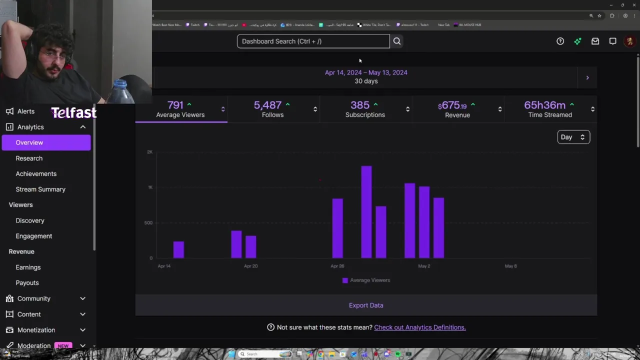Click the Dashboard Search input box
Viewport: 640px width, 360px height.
pos(313,41)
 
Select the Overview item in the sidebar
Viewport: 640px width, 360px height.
pos(29,142)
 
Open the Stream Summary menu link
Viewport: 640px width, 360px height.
pos(40,189)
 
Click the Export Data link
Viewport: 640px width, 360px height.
pos(366,305)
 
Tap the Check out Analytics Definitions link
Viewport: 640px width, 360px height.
pos(419,327)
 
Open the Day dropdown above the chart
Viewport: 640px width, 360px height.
pos(573,137)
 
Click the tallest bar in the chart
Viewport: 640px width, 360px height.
pos(366,212)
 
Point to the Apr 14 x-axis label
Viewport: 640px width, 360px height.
pos(164,266)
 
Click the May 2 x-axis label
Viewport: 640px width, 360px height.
pos(424,266)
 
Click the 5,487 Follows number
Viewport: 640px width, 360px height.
pos(267,105)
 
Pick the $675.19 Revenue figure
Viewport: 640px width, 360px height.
pos(452,105)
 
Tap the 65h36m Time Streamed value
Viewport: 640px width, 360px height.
pos(544,105)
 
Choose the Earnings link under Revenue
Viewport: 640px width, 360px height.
pos(28,267)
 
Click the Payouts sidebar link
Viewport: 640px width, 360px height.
pos(27,282)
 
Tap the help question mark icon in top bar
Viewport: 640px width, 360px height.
pos(560,41)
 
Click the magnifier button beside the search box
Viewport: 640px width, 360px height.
pos(397,41)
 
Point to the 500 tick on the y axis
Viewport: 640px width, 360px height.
pos(148,222)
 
